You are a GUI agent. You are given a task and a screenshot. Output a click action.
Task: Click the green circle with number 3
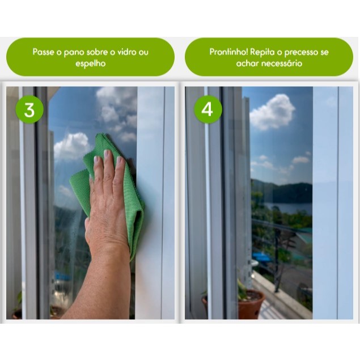[x=29, y=110]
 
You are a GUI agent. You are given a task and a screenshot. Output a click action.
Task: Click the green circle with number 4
[x=208, y=109]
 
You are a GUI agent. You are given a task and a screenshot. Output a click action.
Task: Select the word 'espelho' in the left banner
[x=91, y=63]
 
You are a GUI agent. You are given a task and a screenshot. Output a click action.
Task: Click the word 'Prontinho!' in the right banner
[x=228, y=52]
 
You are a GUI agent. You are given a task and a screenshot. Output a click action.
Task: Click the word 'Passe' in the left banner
[x=44, y=52]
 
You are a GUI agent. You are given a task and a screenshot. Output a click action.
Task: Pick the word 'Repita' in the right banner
[x=262, y=52]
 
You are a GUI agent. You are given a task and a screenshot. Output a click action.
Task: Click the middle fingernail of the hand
[x=107, y=154]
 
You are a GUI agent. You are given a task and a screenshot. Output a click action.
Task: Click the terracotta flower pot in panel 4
[x=250, y=304]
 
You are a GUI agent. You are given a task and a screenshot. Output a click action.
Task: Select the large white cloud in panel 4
[x=272, y=112]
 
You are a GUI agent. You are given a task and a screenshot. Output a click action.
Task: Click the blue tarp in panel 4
[x=262, y=257]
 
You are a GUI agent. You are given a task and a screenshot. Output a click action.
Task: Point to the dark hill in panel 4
[x=287, y=192]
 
